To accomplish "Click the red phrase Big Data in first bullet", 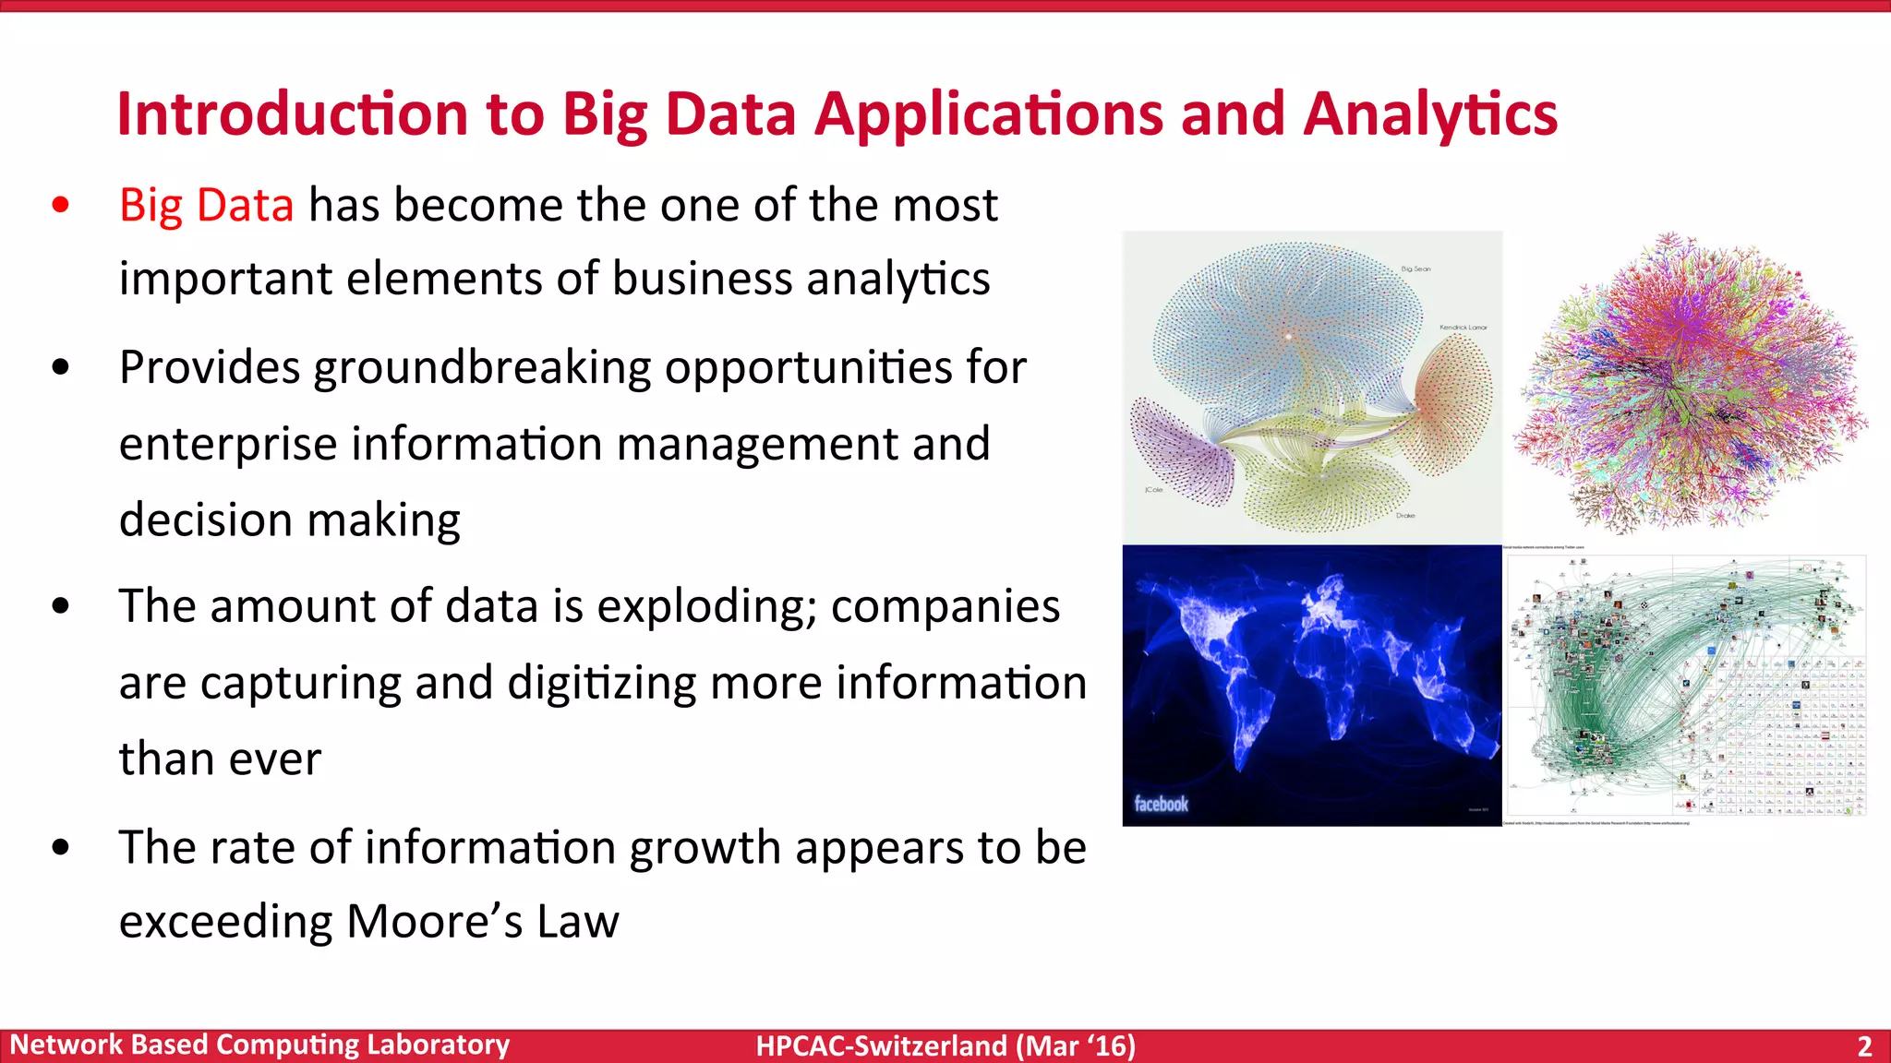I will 206,205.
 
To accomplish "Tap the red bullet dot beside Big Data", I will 61,205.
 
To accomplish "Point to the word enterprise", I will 228,444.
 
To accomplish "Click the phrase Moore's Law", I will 482,922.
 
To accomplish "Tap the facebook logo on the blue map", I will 1161,804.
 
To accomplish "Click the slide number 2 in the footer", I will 1864,1046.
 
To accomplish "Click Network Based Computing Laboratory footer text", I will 259,1045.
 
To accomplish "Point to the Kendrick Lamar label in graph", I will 1463,328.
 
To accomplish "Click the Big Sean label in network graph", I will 1415,269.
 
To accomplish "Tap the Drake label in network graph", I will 1405,516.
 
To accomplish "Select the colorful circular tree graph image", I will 1690,383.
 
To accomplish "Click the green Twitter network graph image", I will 1685,685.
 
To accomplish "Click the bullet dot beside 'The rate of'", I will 61,847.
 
